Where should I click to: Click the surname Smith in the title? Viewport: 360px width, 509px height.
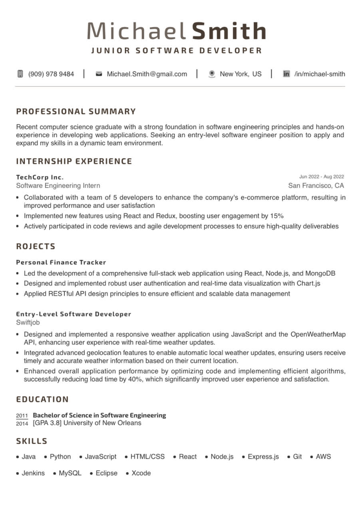(229, 31)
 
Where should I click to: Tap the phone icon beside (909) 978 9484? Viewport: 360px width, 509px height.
(20, 74)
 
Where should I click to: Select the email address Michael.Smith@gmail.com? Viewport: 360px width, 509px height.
(147, 74)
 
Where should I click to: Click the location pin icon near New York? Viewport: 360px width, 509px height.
(212, 74)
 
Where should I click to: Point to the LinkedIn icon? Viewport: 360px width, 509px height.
(286, 74)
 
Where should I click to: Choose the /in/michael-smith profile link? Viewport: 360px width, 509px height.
(319, 74)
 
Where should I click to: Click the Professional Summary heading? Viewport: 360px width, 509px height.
(76, 111)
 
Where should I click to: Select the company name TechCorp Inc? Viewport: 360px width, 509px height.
(40, 177)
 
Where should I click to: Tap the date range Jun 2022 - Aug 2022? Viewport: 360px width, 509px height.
(321, 177)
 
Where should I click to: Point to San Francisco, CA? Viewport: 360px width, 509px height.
(316, 185)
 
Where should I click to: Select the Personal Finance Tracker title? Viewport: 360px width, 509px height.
(61, 262)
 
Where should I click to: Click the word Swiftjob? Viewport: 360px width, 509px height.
(28, 322)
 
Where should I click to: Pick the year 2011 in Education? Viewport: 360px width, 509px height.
(22, 416)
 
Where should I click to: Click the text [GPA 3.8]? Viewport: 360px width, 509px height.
(47, 423)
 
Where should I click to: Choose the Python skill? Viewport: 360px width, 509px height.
(60, 457)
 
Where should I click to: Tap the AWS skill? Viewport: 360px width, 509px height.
(323, 457)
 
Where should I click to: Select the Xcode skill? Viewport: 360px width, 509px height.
(141, 473)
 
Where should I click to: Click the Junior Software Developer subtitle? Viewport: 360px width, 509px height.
(177, 51)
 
